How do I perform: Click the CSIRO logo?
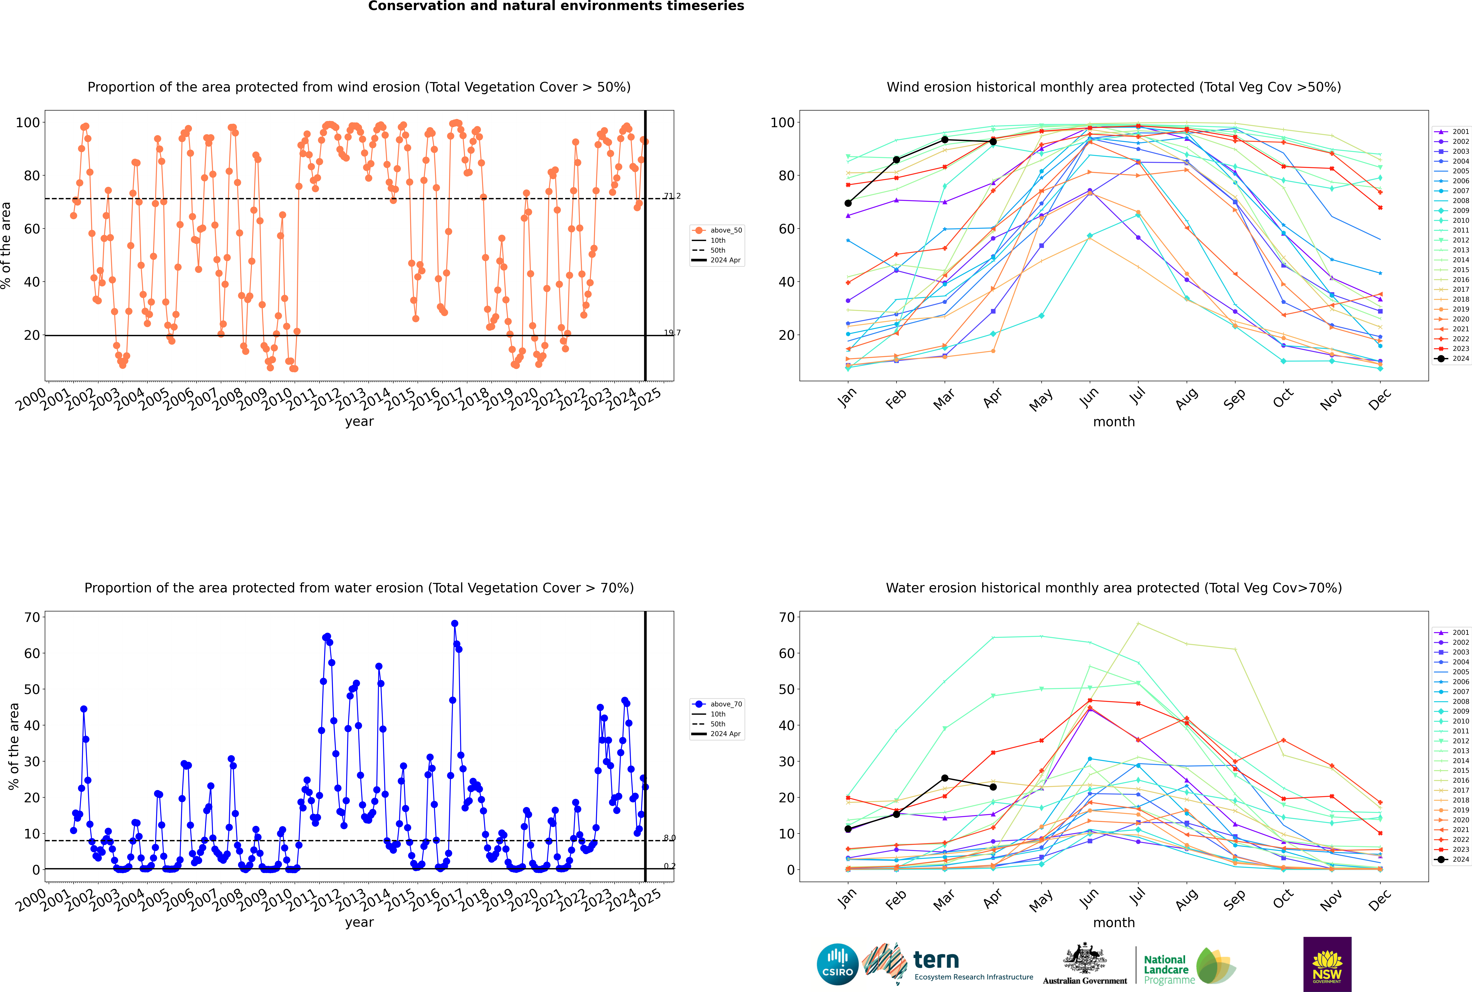tap(837, 965)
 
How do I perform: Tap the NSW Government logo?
tap(1327, 964)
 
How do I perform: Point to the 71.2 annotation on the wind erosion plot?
tap(672, 196)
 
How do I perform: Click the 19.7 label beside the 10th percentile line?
tap(672, 333)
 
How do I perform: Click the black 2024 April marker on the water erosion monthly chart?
tap(993, 787)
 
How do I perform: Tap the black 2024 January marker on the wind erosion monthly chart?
tap(848, 203)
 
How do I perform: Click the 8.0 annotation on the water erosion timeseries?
tap(669, 838)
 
